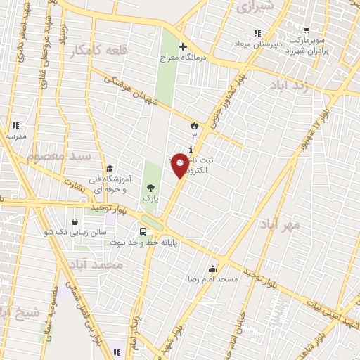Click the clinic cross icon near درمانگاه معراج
[x=184, y=48]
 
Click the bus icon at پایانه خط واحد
[x=143, y=231]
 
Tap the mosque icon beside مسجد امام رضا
[x=212, y=269]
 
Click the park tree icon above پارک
[x=150, y=188]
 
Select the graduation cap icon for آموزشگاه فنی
[x=110, y=168]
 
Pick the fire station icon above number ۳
[x=193, y=125]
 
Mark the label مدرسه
[x=15, y=135]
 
